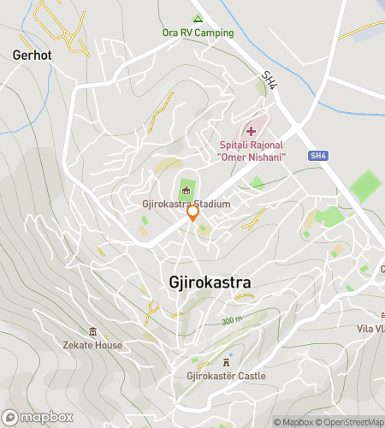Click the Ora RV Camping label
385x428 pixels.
tap(198, 33)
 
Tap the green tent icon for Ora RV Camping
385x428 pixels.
tap(198, 19)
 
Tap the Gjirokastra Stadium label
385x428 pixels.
tap(187, 205)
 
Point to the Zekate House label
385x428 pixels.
tap(92, 345)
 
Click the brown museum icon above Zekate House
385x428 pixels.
tap(92, 332)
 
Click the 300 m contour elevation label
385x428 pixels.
tap(231, 320)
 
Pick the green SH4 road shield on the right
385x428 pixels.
tap(318, 156)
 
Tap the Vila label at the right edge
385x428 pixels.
tap(371, 329)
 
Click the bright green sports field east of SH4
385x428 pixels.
tap(366, 185)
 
